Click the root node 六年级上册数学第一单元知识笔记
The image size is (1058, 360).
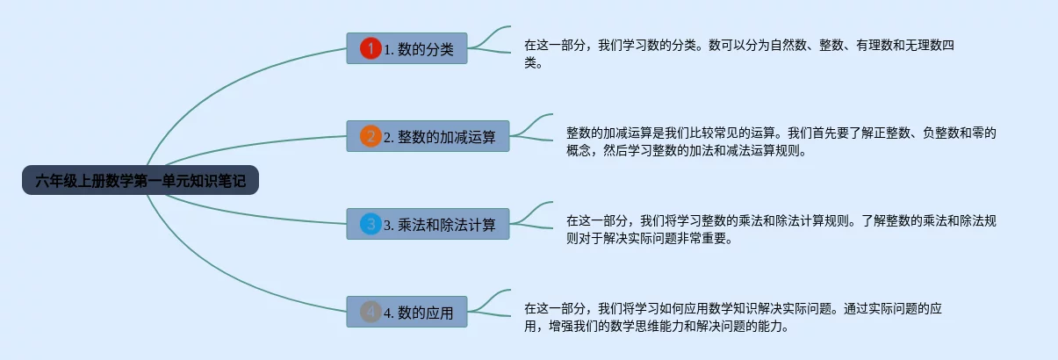(140, 180)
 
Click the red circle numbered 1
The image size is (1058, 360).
(371, 48)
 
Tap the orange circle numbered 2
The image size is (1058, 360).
(371, 136)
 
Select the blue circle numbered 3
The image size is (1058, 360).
(371, 224)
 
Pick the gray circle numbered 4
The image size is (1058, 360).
(371, 311)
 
